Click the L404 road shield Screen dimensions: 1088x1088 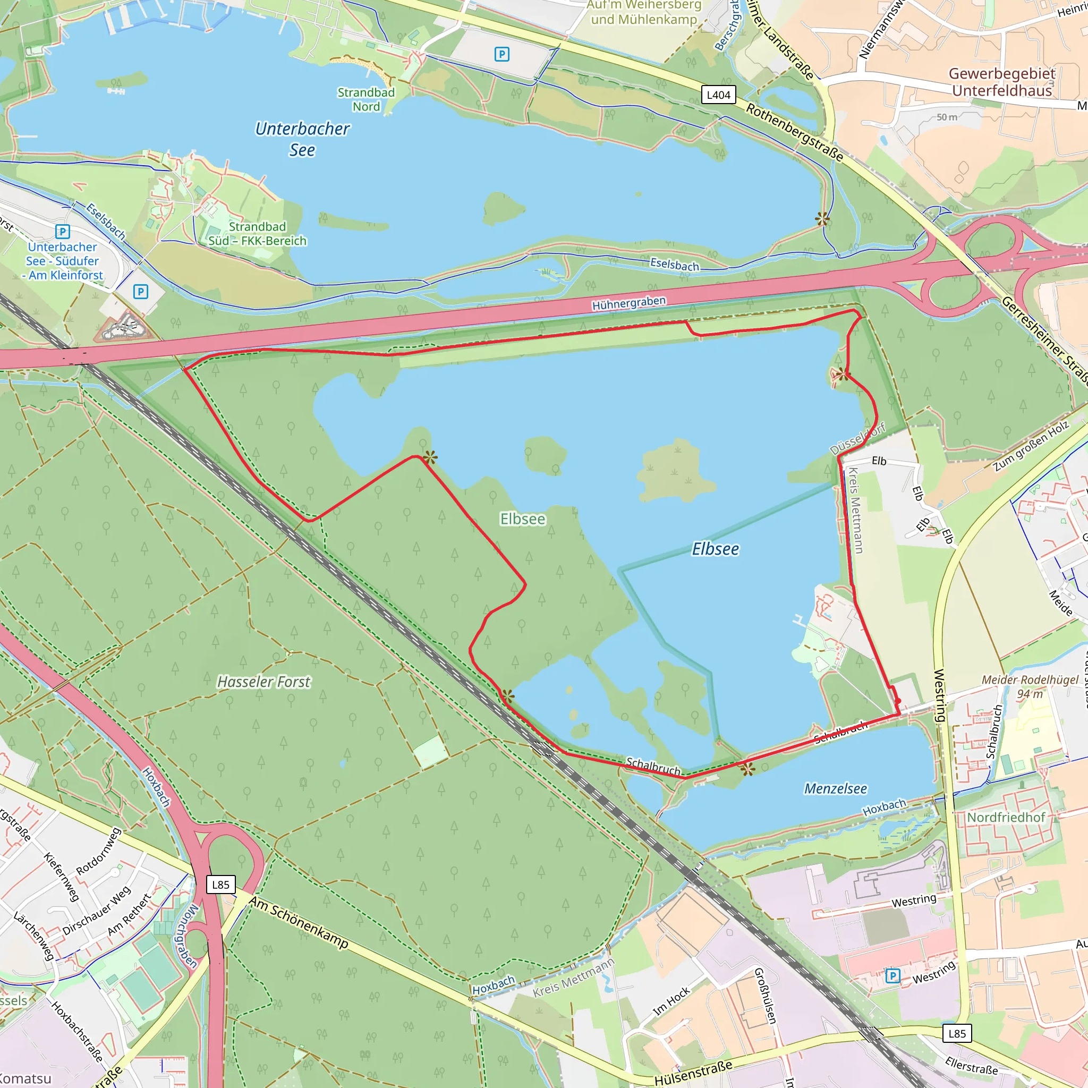[719, 95]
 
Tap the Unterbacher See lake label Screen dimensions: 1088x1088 [302, 139]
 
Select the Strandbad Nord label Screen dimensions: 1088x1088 [366, 99]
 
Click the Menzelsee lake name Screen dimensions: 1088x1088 [835, 788]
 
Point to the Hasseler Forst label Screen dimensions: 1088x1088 [263, 682]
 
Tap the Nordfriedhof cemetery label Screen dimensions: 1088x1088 [1006, 817]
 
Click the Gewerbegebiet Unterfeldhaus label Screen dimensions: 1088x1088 [1002, 82]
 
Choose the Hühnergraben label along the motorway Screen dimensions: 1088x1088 [628, 303]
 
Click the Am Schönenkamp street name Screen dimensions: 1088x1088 [299, 922]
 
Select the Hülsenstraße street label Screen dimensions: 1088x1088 [693, 1072]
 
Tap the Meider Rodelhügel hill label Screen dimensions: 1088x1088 [1030, 686]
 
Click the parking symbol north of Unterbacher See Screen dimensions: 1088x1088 [501, 54]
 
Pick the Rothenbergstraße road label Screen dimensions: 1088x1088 [795, 132]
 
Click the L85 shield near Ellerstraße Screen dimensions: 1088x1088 [957, 1033]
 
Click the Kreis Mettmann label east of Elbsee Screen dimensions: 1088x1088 [855, 510]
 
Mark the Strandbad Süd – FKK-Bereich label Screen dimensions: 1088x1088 [257, 234]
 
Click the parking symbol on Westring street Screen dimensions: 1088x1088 [892, 975]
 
